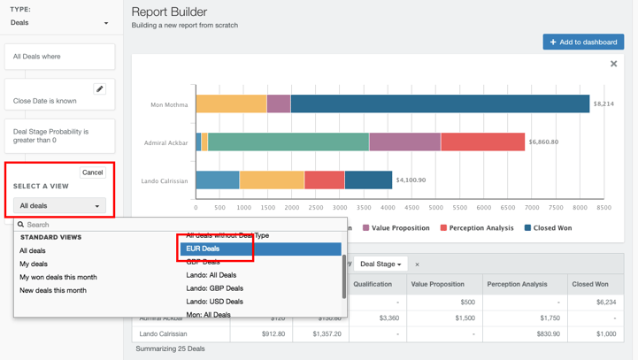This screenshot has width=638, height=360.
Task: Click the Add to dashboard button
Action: [x=583, y=42]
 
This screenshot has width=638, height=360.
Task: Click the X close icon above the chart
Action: [x=613, y=64]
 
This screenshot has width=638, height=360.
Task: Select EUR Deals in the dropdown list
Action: [x=260, y=249]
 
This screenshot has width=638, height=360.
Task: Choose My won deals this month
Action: [x=58, y=277]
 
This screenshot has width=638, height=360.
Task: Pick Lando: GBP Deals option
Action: [x=214, y=288]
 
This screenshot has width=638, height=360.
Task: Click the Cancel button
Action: [x=92, y=172]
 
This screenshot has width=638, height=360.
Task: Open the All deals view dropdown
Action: [x=59, y=206]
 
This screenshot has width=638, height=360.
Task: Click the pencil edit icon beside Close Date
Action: [x=100, y=89]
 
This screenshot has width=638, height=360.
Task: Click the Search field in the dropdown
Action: [x=177, y=225]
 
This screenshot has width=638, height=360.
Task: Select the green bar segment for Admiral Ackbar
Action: [x=288, y=142]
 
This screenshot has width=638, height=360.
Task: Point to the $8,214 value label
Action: [x=603, y=103]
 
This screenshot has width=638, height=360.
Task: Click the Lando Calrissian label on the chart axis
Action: [x=164, y=180]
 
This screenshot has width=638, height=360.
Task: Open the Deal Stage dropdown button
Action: [x=380, y=264]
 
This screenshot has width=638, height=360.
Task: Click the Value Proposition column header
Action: [x=440, y=285]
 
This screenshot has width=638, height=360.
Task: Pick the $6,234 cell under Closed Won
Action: [x=606, y=302]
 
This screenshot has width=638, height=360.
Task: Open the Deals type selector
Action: [x=59, y=23]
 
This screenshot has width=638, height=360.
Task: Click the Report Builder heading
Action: [x=169, y=11]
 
